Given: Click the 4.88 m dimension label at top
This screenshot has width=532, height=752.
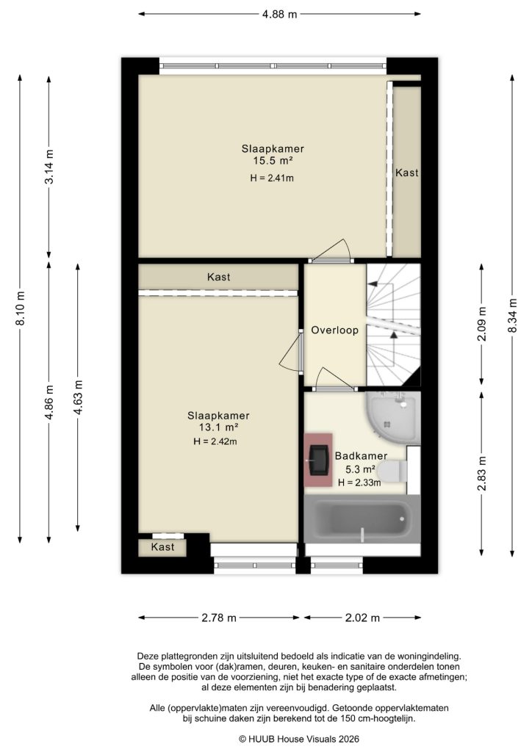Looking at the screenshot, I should (x=279, y=13).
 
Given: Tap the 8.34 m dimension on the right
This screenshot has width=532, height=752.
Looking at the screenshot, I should (x=511, y=316).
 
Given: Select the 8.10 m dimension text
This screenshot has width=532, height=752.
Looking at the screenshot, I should (x=21, y=308).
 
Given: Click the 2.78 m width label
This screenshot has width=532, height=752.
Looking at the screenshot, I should (x=218, y=618).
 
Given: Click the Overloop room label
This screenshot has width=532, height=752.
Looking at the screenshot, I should (x=334, y=330).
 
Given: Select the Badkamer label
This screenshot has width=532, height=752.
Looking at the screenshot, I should (x=356, y=455).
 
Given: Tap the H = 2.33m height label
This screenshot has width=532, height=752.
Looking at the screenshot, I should (x=359, y=482).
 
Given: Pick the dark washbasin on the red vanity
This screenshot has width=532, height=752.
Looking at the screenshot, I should (x=319, y=459).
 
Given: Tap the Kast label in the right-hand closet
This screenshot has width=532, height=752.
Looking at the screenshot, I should (x=407, y=173).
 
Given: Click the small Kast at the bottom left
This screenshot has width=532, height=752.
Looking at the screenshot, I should (x=162, y=547).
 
